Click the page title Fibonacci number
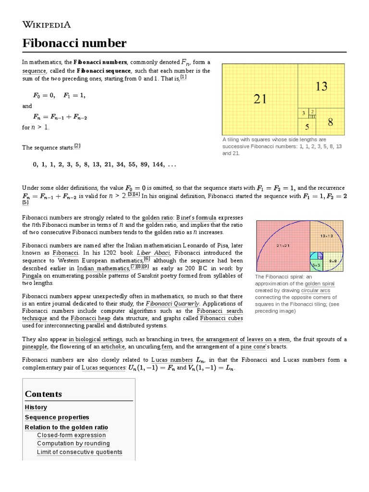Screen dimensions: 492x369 pyautogui.click(x=74, y=43)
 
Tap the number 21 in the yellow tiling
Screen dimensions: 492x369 pyautogui.click(x=260, y=99)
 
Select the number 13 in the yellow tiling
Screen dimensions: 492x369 pyautogui.click(x=321, y=86)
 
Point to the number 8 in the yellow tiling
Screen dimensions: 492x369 pyautogui.click(x=331, y=122)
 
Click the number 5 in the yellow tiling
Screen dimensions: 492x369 pyautogui.click(x=307, y=127)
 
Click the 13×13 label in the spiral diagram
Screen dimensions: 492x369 pyautogui.click(x=327, y=236)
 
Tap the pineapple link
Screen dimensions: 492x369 pyautogui.click(x=35, y=346)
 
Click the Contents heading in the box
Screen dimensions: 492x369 pyautogui.click(x=43, y=394)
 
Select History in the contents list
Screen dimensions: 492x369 pyautogui.click(x=36, y=407)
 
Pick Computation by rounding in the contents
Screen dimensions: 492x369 pyautogui.click(x=73, y=443)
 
